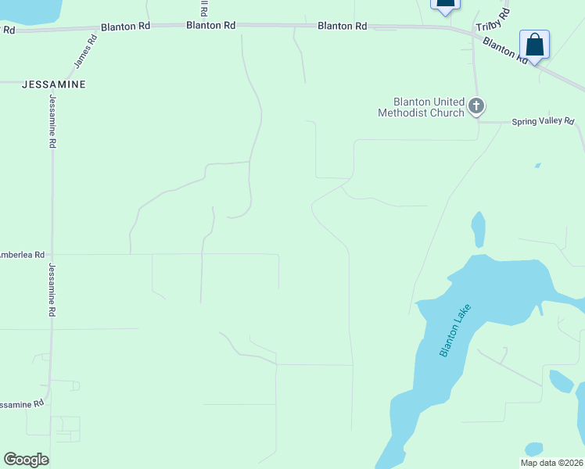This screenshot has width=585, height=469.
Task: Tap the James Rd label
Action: (85, 50)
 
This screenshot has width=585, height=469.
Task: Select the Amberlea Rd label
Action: (23, 255)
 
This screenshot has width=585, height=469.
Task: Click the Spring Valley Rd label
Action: (543, 122)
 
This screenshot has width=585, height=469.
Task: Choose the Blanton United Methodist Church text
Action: (421, 107)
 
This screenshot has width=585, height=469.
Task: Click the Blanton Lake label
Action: (455, 334)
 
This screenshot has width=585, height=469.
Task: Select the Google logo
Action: (26, 459)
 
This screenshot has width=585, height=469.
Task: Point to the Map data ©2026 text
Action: (551, 462)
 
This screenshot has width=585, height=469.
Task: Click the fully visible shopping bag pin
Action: (534, 45)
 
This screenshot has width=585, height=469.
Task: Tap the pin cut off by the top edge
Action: (445, 5)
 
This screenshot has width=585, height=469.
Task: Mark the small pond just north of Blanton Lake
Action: (478, 229)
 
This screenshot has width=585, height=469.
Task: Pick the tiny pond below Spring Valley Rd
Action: (537, 166)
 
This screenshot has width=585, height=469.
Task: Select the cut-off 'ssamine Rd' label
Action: (22, 404)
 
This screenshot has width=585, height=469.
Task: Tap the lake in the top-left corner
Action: (28, 10)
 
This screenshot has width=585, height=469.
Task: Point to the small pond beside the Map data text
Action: (534, 449)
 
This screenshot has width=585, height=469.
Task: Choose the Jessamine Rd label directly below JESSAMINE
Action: (53, 122)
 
